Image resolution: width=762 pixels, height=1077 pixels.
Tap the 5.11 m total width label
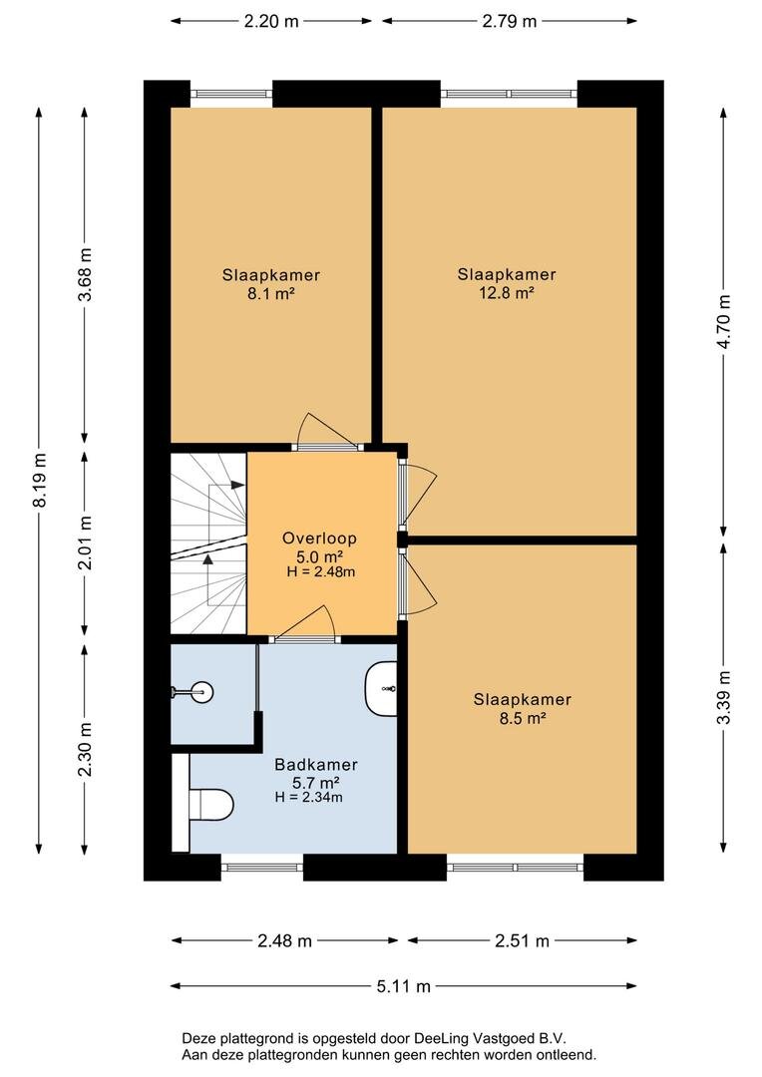point(403,986)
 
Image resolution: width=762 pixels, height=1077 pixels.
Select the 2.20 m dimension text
point(271,21)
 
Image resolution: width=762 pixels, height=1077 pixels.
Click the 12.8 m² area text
point(507,292)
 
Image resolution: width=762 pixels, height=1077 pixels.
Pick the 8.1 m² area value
point(271,293)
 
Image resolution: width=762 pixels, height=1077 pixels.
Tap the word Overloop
point(319,538)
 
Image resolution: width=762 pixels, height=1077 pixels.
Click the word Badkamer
point(316,765)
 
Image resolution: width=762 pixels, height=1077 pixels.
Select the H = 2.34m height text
point(308,797)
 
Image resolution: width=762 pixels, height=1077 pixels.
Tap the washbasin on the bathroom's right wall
point(381,688)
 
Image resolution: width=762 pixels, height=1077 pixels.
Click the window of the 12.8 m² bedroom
point(509,94)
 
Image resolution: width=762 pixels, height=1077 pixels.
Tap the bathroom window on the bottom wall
point(261,867)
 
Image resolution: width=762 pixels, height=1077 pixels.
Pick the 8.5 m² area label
point(523,718)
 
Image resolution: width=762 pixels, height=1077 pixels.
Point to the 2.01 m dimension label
point(85,542)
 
